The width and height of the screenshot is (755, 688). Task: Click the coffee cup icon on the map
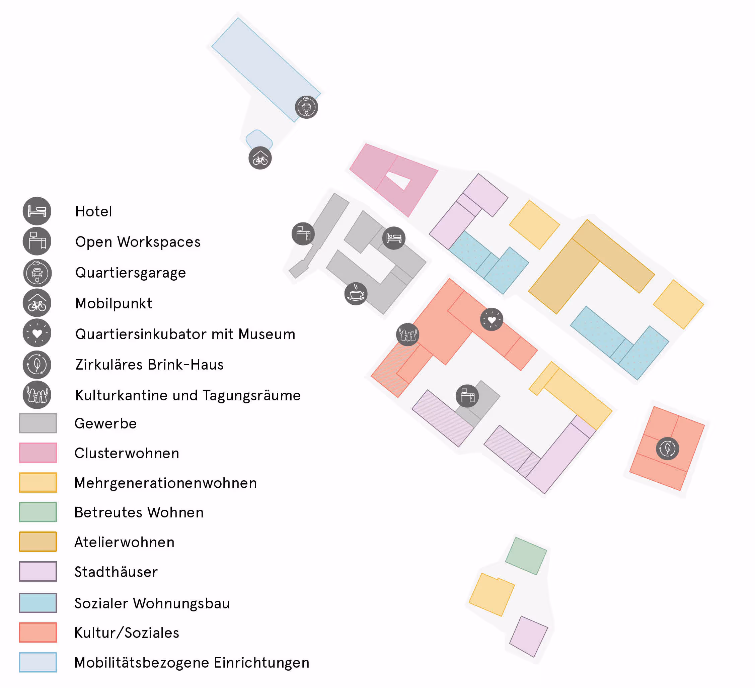(x=356, y=294)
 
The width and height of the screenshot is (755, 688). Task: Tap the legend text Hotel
(x=94, y=211)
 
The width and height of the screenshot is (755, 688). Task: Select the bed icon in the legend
(x=37, y=211)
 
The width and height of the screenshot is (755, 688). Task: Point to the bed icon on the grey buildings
(x=394, y=238)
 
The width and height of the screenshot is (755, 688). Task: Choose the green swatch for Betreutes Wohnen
(x=38, y=512)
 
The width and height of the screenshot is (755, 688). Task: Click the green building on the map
(x=525, y=556)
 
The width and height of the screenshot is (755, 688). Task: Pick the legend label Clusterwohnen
(x=127, y=453)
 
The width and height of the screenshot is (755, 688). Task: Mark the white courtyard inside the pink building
(x=399, y=181)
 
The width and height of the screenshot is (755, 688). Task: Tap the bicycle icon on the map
(x=260, y=158)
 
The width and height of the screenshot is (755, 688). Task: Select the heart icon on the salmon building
(x=492, y=319)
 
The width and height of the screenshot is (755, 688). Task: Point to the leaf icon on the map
(x=667, y=448)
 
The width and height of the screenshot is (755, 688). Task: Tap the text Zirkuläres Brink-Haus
(x=149, y=365)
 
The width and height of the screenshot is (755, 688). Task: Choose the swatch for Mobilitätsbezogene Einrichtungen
(x=38, y=662)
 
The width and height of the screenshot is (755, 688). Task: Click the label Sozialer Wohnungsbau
(x=152, y=603)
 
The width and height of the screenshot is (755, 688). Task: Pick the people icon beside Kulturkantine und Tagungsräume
(x=37, y=395)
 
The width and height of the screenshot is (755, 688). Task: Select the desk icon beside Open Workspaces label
(x=37, y=241)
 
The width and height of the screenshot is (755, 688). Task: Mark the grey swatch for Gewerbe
(x=38, y=423)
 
